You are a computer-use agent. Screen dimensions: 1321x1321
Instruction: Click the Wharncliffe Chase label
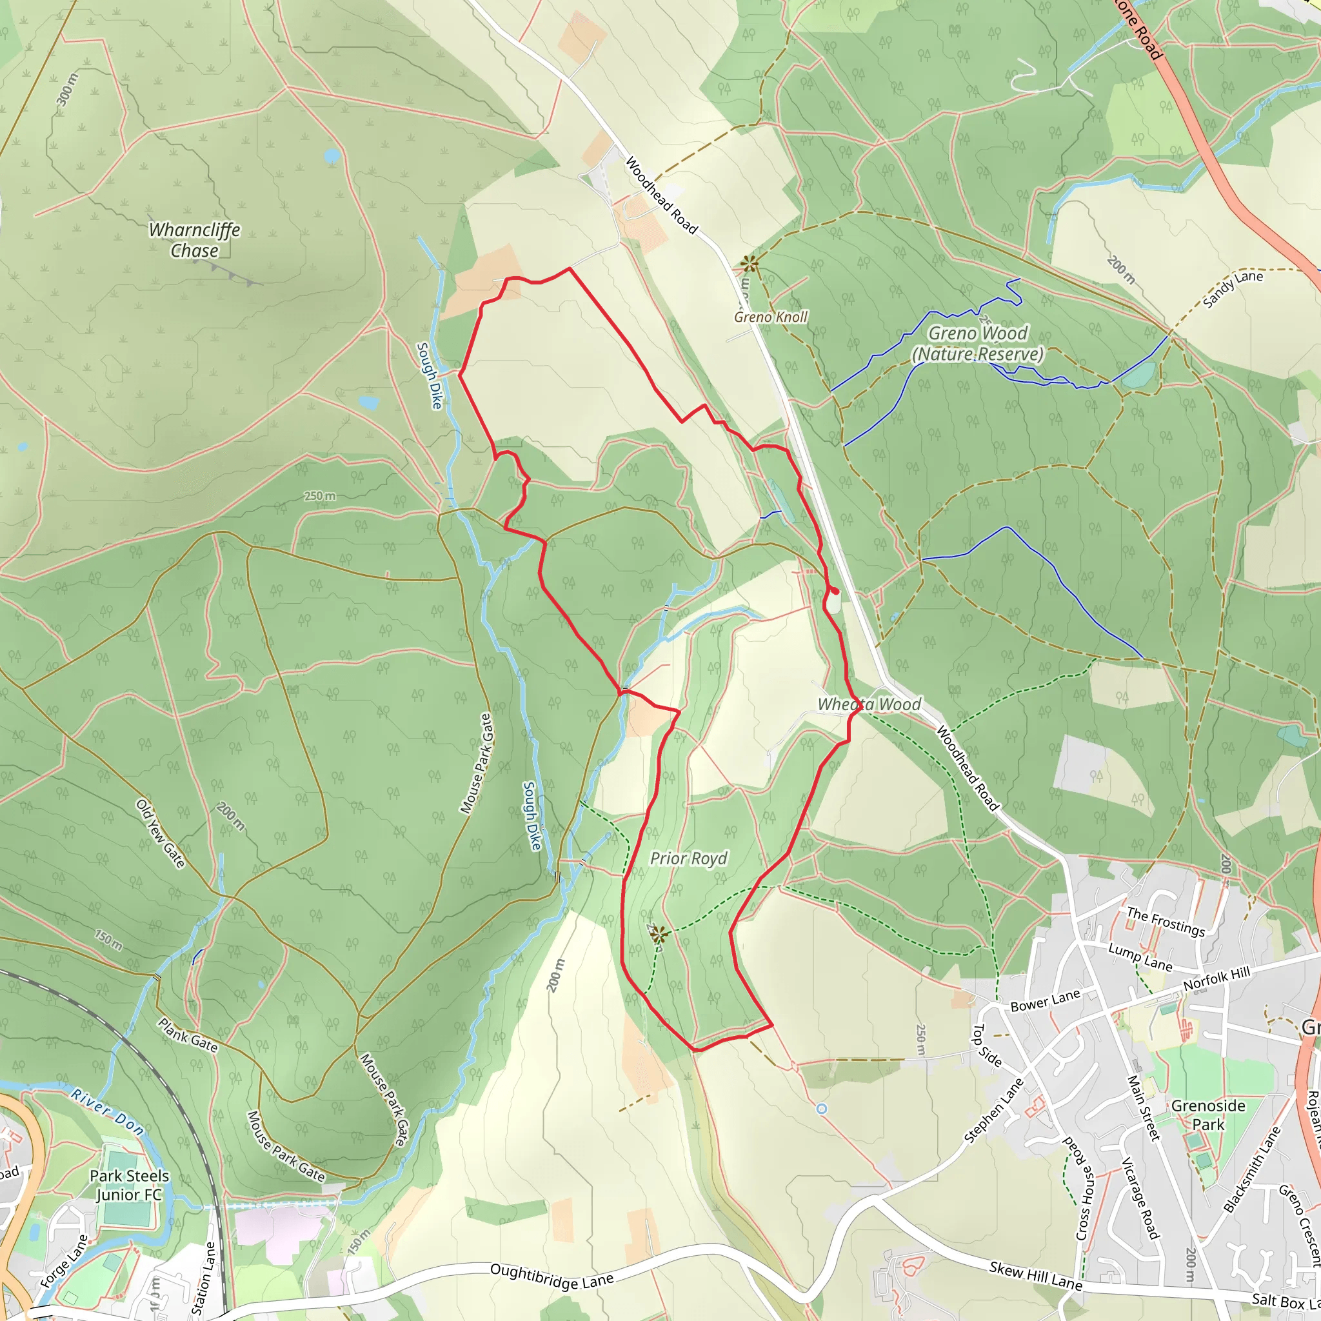195,240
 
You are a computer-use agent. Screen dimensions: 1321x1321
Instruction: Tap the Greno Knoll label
771,317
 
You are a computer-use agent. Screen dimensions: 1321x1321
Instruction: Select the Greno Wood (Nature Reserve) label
978,344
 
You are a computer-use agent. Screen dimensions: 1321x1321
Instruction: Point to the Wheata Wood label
869,704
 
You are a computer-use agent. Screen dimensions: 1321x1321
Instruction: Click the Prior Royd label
688,858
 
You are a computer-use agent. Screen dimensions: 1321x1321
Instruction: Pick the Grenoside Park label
1208,1115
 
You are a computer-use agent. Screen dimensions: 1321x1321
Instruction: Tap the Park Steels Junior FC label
129,1185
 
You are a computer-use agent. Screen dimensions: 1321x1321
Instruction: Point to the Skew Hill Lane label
1036,1276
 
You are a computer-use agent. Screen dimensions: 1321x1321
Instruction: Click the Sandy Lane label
1233,288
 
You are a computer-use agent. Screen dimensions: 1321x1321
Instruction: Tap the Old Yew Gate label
161,833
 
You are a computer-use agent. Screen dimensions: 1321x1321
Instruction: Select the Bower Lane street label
1045,1000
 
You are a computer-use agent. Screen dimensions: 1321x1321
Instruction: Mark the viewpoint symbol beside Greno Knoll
750,263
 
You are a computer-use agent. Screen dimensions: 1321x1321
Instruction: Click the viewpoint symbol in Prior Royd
659,935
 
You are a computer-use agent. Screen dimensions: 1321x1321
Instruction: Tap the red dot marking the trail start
835,591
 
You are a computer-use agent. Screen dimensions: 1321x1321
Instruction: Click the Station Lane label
204,1278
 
